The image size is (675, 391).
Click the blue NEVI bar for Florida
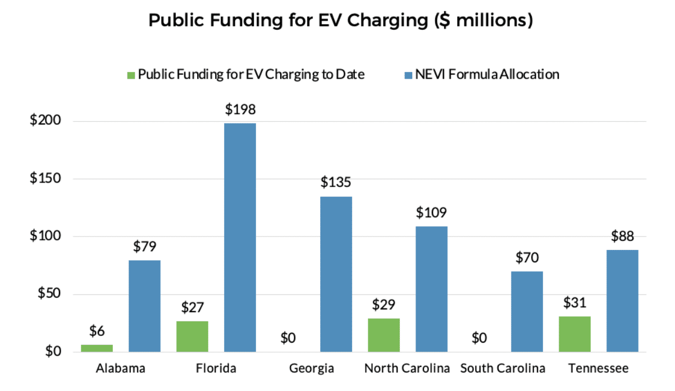[x=240, y=237]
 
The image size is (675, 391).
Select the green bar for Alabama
[x=97, y=348]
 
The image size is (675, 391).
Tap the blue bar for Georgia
[x=336, y=274]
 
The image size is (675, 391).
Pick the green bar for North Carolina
[x=384, y=335]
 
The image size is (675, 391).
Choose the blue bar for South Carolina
[x=527, y=312]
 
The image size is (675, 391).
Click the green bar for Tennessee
[x=574, y=334]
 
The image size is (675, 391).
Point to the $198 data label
[x=240, y=110]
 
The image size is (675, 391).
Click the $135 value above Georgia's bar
[x=336, y=183]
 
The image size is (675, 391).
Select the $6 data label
[x=97, y=331]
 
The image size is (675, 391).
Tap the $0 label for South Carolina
[x=479, y=338]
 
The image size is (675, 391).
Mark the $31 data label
[x=574, y=303]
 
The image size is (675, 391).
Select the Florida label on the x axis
[x=216, y=369]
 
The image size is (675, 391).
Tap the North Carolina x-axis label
[x=407, y=369]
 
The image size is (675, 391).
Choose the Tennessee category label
[x=598, y=369]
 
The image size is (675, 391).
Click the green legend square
[x=131, y=75]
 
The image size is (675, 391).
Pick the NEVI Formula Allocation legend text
[x=486, y=74]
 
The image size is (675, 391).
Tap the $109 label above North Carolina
[x=431, y=213]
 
